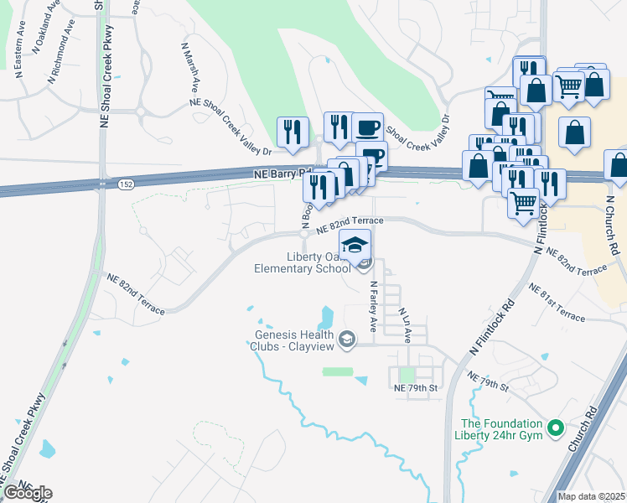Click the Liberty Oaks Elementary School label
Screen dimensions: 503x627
303,262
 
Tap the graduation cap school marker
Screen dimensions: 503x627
355,245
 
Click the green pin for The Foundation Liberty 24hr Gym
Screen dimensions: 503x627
554,429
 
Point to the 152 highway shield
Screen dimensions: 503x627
125,184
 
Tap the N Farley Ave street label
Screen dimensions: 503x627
375,306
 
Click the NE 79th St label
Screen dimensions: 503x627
416,388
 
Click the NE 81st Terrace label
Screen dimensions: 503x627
557,303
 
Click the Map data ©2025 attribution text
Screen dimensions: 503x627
591,496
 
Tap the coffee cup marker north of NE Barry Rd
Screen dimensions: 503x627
367,128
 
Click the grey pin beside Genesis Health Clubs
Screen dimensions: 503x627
348,339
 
